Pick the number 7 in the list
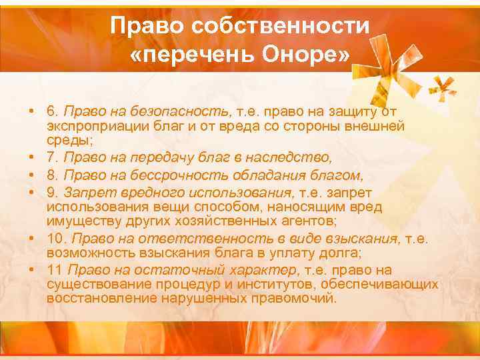point(51,157)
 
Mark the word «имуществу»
point(81,221)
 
